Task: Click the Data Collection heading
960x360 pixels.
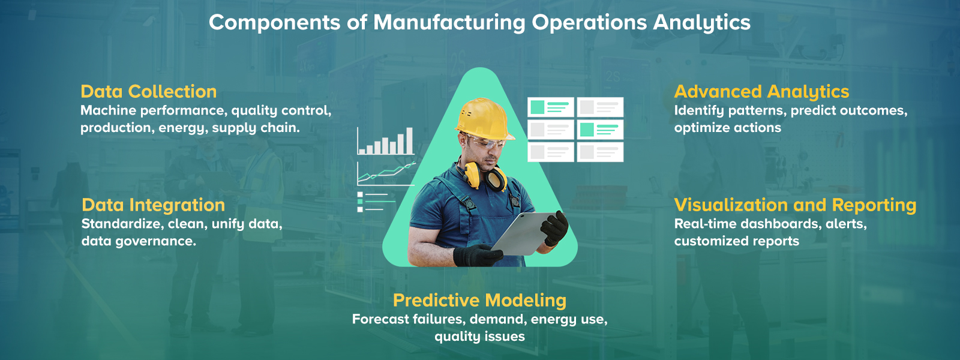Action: coord(148,92)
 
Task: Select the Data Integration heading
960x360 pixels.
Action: coord(153,205)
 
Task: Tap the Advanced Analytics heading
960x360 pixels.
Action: coord(761,92)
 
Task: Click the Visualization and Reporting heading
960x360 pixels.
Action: coord(795,205)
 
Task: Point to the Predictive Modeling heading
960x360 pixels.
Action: coord(479,301)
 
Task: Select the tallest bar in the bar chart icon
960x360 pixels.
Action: coord(409,141)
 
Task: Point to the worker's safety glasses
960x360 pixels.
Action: coord(487,144)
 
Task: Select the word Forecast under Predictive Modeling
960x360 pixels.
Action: coord(380,319)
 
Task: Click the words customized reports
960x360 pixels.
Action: coord(736,241)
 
